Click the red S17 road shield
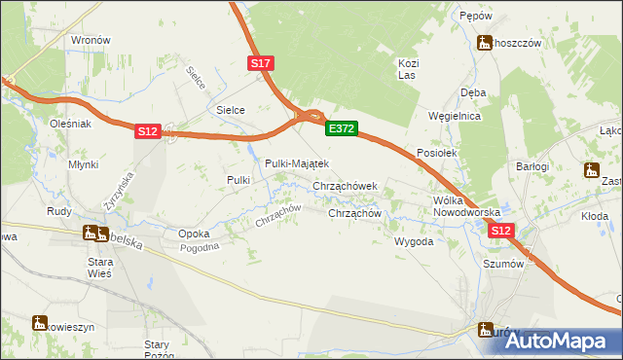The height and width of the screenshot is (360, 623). point(261,63)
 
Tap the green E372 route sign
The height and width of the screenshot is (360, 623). point(342,128)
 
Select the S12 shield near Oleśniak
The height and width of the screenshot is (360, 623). point(146,131)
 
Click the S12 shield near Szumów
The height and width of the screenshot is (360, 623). point(500,231)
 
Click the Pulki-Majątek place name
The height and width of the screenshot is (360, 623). point(297,163)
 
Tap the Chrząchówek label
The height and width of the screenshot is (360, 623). point(351,185)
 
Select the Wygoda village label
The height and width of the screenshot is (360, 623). point(413,241)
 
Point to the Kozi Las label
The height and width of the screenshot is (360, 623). point(408,69)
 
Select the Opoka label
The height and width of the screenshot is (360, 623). point(195,234)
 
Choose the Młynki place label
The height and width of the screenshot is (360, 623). point(83,165)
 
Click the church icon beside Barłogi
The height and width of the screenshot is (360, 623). point(591,171)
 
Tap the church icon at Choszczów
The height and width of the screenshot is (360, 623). point(484,42)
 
